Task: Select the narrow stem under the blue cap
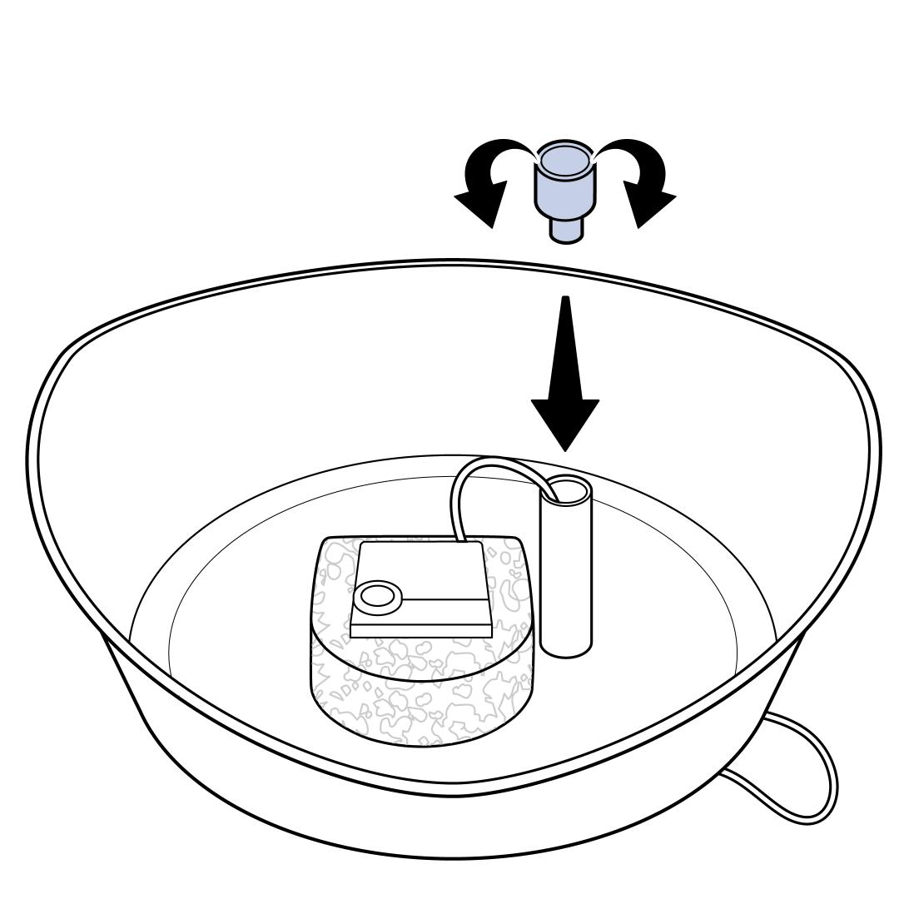point(565,228)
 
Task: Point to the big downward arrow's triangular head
point(565,420)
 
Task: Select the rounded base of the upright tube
point(566,644)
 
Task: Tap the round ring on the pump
point(376,596)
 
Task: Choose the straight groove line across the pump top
point(445,599)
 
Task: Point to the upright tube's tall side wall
point(566,574)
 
